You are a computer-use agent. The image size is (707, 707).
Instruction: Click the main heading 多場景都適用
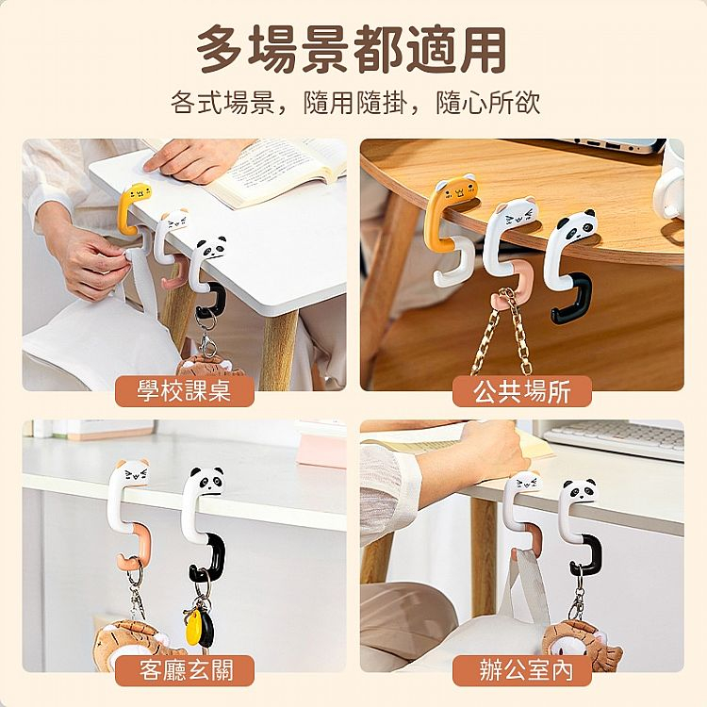coord(353,49)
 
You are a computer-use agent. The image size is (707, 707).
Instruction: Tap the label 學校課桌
coord(185,390)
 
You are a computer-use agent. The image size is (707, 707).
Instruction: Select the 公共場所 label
coord(521,391)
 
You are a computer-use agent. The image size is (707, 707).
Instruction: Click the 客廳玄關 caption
coord(186,670)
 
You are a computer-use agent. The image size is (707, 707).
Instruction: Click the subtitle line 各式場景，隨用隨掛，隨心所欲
coord(354,103)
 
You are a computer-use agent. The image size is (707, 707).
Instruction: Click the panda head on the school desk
coord(211,248)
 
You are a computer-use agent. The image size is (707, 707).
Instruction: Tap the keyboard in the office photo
coord(614,438)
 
